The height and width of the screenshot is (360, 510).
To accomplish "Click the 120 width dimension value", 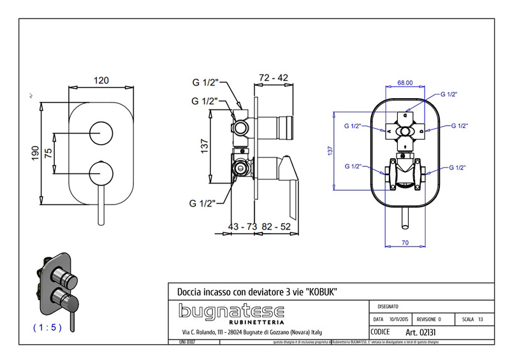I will (x=101, y=80).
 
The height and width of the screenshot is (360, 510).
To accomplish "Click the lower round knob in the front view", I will (x=101, y=172).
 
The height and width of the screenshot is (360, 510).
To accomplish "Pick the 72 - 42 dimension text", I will (x=274, y=78).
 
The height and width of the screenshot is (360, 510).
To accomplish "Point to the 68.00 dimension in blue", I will (x=405, y=82).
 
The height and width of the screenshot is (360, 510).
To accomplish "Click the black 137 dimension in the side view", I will (x=205, y=147).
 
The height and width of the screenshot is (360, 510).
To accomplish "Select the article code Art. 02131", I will (x=420, y=333).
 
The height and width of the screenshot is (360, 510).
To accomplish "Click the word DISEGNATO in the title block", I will (x=389, y=306).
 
